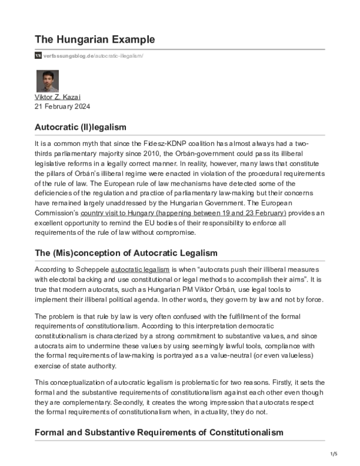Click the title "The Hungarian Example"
[95, 39]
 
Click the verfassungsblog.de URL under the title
[93, 55]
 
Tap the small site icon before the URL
[38, 55]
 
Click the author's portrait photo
[47, 81]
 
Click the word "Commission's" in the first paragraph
[58, 213]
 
